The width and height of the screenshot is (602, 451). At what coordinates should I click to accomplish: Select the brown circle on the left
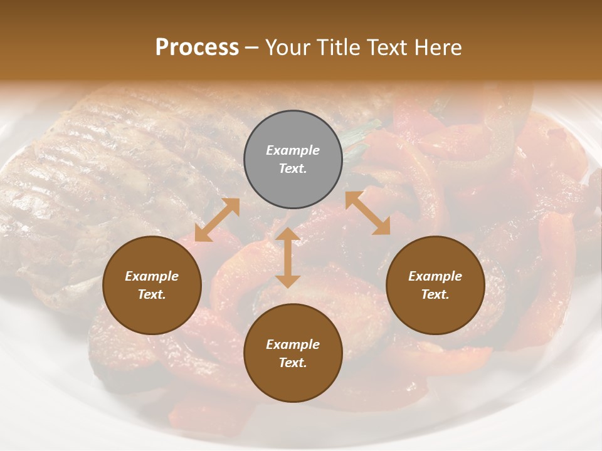tap(152, 286)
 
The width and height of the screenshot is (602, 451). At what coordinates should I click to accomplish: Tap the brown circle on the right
tap(435, 286)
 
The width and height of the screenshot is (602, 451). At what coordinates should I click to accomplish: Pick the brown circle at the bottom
tap(293, 353)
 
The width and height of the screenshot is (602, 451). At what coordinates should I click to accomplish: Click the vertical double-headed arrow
tap(288, 257)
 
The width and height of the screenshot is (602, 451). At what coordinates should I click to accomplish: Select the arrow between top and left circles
tap(217, 220)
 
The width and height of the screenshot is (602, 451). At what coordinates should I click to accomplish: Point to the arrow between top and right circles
tap(368, 213)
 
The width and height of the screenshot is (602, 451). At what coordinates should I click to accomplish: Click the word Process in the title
tap(197, 48)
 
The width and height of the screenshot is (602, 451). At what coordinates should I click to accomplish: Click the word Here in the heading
tap(438, 48)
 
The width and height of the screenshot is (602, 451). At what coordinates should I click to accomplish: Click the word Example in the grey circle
tap(293, 150)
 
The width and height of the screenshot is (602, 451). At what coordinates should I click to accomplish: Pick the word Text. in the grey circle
tap(293, 168)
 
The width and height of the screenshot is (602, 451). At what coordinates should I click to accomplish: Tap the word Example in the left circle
tap(152, 276)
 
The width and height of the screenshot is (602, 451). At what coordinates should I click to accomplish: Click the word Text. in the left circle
tap(152, 294)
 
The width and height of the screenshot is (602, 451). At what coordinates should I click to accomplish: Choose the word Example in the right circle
tap(435, 276)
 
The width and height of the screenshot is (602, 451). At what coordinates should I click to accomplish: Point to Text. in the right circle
tap(435, 294)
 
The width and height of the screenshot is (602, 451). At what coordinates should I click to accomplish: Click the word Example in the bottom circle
tap(293, 345)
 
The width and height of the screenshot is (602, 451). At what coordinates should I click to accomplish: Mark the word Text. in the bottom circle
tap(293, 363)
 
